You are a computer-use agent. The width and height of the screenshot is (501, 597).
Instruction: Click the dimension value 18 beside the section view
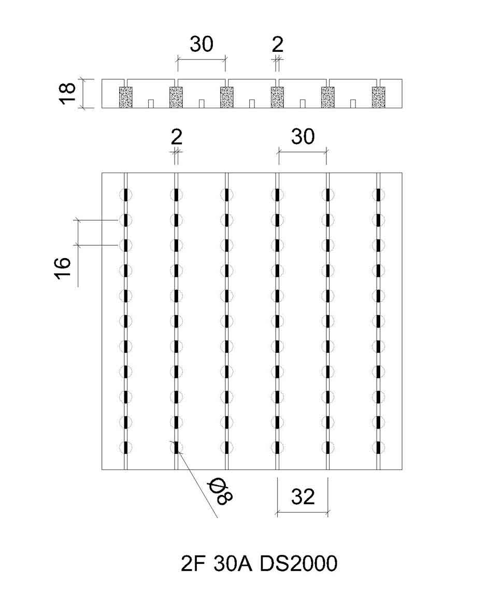pos(67,93)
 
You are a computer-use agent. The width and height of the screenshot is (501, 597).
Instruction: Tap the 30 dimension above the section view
pos(202,44)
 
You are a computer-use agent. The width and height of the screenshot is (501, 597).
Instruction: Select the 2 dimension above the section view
pos(278,45)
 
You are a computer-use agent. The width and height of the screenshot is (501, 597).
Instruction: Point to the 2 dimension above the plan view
pos(176,137)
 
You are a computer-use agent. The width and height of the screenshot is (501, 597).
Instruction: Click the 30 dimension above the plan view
pos(303,137)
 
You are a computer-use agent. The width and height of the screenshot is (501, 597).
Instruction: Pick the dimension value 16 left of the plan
pos(63,268)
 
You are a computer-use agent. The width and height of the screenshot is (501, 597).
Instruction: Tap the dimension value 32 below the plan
pos(303,497)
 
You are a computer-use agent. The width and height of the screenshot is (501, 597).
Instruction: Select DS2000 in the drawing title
pos(298,564)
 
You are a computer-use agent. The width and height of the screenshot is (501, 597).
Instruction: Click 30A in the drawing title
pos(233,564)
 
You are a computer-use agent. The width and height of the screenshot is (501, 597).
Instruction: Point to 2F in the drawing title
pos(193,564)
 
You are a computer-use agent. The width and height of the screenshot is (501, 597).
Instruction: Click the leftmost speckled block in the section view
pos(125,97)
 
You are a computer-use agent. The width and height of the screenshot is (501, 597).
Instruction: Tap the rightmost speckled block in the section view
pos(378,97)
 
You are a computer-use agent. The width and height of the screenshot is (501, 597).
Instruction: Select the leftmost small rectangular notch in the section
pos(151,104)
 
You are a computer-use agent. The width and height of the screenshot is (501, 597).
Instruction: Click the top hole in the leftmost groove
pos(125,195)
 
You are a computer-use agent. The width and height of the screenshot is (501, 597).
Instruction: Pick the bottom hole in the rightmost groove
pos(378,447)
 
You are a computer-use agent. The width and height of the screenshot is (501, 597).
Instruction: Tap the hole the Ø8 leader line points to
pos(176,447)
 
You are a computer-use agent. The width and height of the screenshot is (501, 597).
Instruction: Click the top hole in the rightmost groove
pos(378,195)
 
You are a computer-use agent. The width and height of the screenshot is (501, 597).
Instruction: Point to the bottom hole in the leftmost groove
pos(125,447)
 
